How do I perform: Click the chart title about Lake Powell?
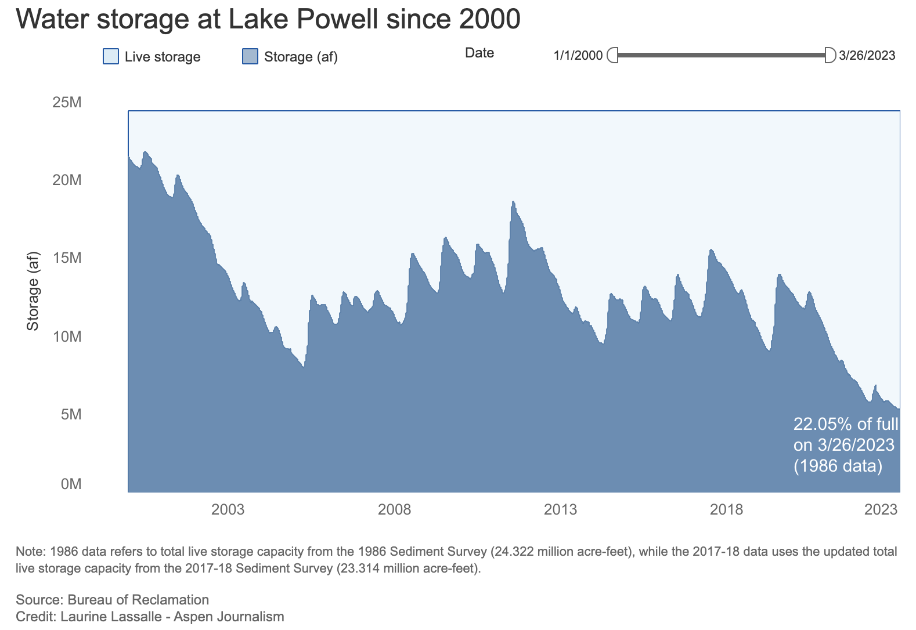268,20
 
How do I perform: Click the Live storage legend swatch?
110,56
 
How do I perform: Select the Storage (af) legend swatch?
250,56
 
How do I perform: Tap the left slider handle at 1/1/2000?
612,56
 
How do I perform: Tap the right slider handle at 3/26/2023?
830,56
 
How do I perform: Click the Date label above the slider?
479,53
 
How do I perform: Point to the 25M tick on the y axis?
67,103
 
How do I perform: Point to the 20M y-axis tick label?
67,180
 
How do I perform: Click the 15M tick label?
67,258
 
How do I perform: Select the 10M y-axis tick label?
67,336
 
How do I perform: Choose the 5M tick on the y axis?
71,414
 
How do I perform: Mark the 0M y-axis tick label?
71,484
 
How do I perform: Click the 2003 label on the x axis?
228,510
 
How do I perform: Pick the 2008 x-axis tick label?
394,510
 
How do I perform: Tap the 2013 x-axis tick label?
560,510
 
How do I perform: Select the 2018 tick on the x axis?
726,510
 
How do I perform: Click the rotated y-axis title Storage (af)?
33,291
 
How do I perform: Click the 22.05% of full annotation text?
845,424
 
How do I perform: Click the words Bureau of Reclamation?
138,600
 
